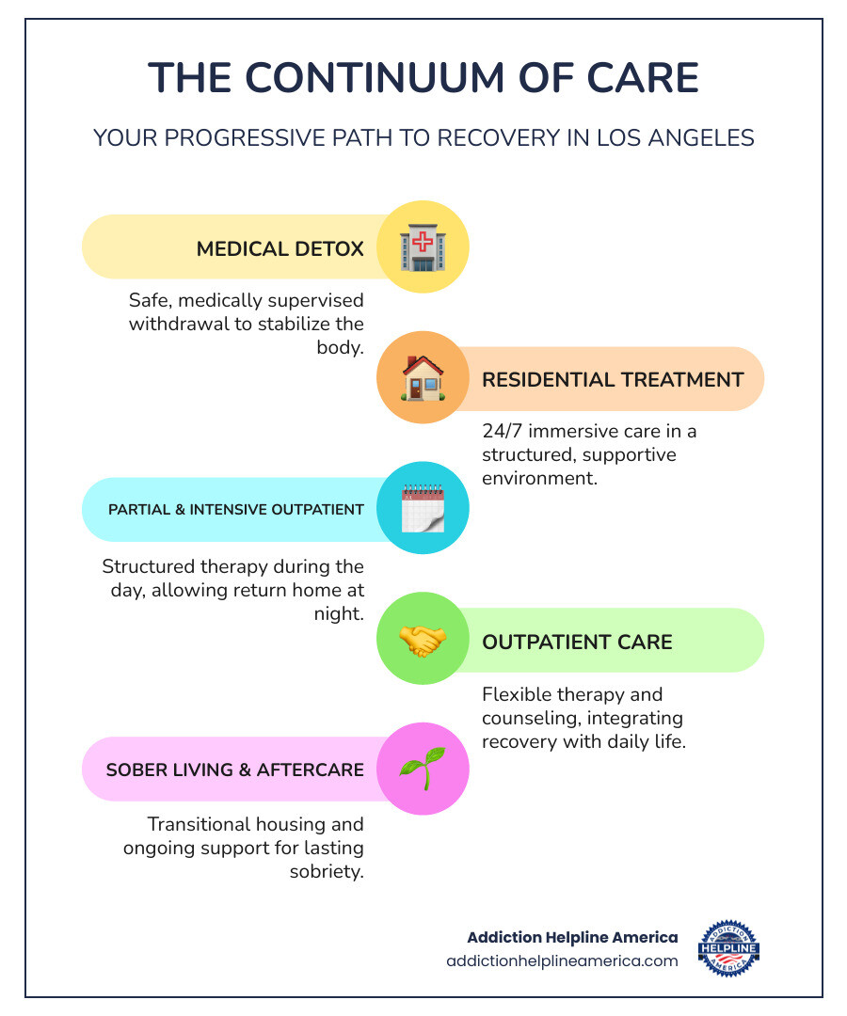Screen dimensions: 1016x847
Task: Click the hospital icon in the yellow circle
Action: (423, 247)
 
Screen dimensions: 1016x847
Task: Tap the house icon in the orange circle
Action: (423, 378)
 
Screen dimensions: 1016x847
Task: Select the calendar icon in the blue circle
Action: (423, 509)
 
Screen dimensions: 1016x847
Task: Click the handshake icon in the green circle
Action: (423, 641)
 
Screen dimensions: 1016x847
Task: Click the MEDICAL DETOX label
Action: (280, 249)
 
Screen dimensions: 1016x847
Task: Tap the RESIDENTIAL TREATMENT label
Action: (613, 380)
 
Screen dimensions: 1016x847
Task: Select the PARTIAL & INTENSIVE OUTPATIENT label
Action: (236, 510)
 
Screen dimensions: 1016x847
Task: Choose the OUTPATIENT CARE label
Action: (577, 643)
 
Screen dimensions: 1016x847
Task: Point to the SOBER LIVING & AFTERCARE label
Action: (234, 770)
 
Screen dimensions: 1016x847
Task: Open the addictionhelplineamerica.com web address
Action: (562, 961)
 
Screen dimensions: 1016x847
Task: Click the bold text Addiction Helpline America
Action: (572, 938)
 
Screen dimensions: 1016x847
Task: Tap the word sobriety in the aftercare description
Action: (328, 871)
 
